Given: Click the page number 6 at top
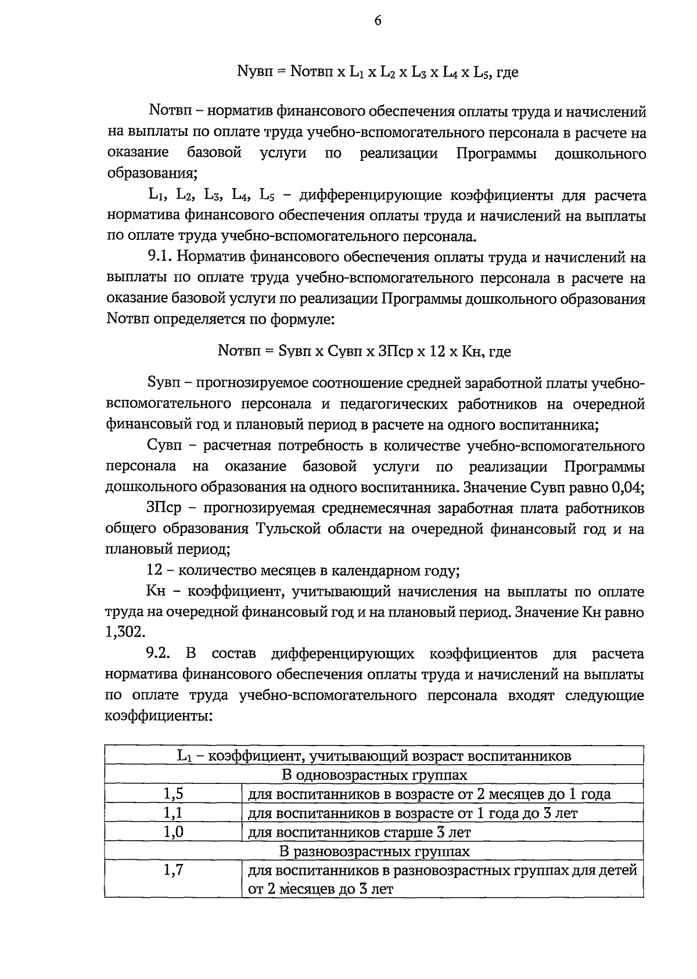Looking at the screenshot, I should tap(378, 21).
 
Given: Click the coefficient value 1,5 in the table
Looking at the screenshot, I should tap(173, 793).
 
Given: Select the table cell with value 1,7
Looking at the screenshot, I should tap(173, 870).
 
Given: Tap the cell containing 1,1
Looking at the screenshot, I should tap(173, 813).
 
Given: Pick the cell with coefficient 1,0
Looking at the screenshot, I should tap(173, 832).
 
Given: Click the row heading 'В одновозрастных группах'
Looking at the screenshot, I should tap(374, 775).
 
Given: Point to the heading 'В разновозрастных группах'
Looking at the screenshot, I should tap(374, 851).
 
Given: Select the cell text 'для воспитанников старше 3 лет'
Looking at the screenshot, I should tap(359, 832).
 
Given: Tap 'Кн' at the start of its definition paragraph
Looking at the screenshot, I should tap(156, 592).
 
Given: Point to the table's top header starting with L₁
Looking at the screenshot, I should tap(374, 755).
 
